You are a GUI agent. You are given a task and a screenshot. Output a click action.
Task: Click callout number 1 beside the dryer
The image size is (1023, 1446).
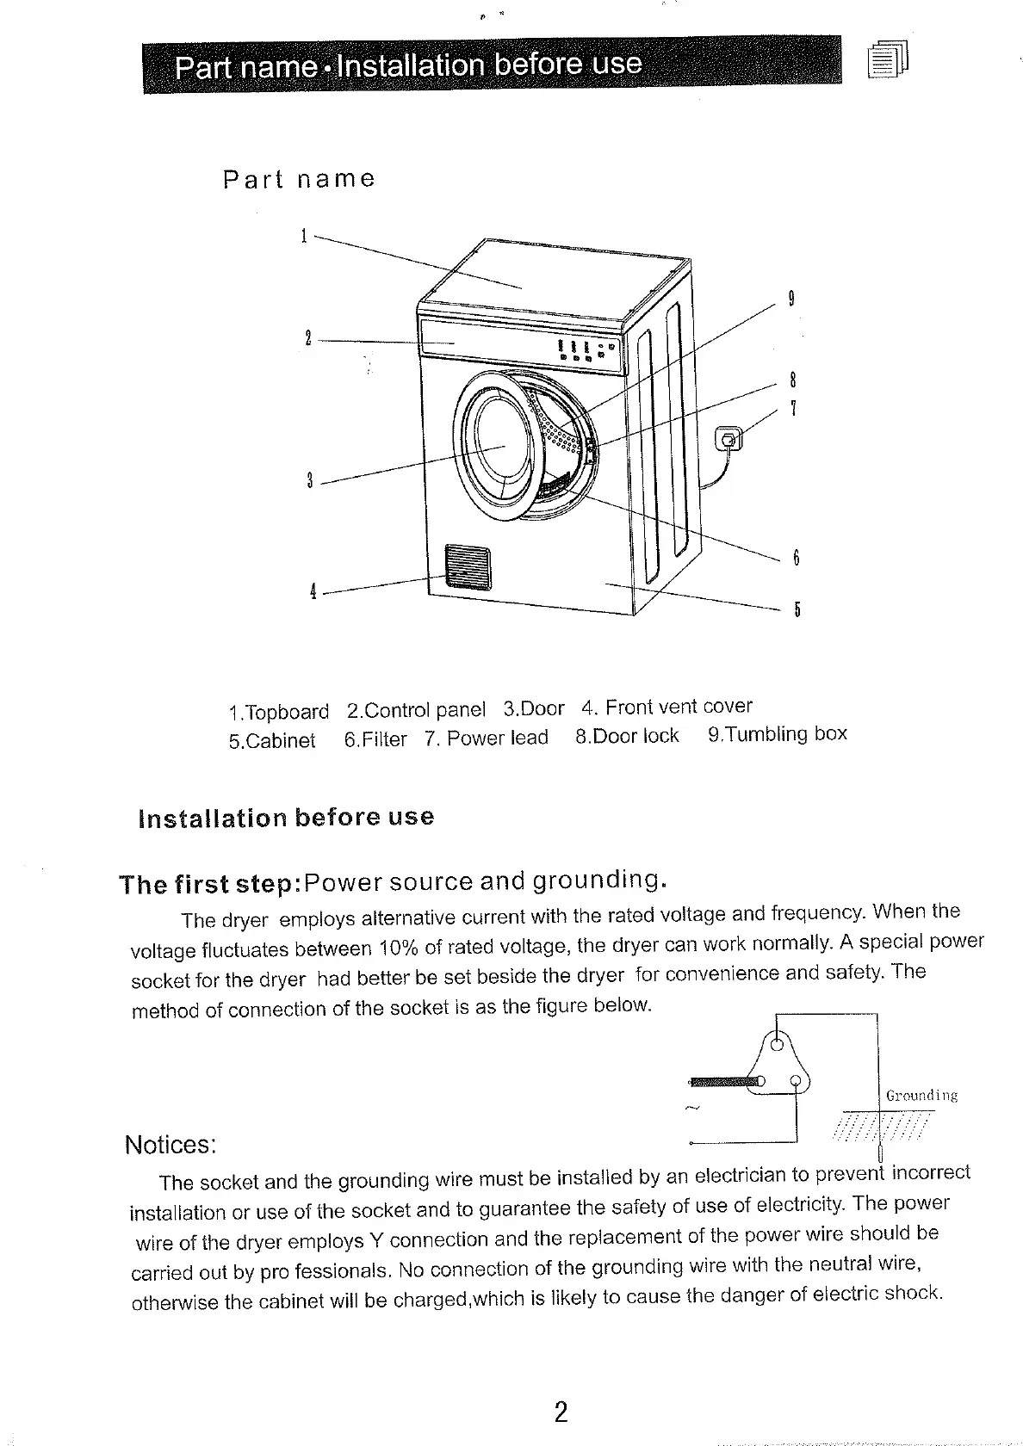point(304,235)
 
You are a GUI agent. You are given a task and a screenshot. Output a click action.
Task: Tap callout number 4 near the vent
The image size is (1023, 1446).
point(313,591)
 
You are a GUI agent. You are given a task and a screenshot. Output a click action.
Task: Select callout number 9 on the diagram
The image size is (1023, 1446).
point(790,300)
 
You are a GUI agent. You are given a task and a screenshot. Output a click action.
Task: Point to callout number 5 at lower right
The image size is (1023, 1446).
point(797,610)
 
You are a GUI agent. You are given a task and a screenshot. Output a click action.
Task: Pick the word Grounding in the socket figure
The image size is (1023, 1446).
point(921,1096)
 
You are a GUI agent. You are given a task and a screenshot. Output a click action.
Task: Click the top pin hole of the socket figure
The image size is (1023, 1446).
point(778,1047)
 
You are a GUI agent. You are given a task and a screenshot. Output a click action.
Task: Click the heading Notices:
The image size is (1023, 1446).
point(170,1145)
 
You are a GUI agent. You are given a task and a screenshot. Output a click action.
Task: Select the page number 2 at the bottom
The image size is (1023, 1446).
point(561,1412)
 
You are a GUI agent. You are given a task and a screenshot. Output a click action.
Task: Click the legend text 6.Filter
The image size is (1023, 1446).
point(375,739)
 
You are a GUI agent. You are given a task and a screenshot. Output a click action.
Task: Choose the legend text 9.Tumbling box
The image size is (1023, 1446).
point(777,734)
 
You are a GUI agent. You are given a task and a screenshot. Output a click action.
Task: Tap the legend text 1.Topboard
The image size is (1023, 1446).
point(279,712)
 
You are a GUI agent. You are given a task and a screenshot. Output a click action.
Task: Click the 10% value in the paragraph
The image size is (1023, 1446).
point(398,948)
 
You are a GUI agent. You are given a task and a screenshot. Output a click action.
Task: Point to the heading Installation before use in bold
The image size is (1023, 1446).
point(286,817)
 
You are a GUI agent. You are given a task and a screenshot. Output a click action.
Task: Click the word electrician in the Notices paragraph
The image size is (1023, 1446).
point(740,1175)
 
